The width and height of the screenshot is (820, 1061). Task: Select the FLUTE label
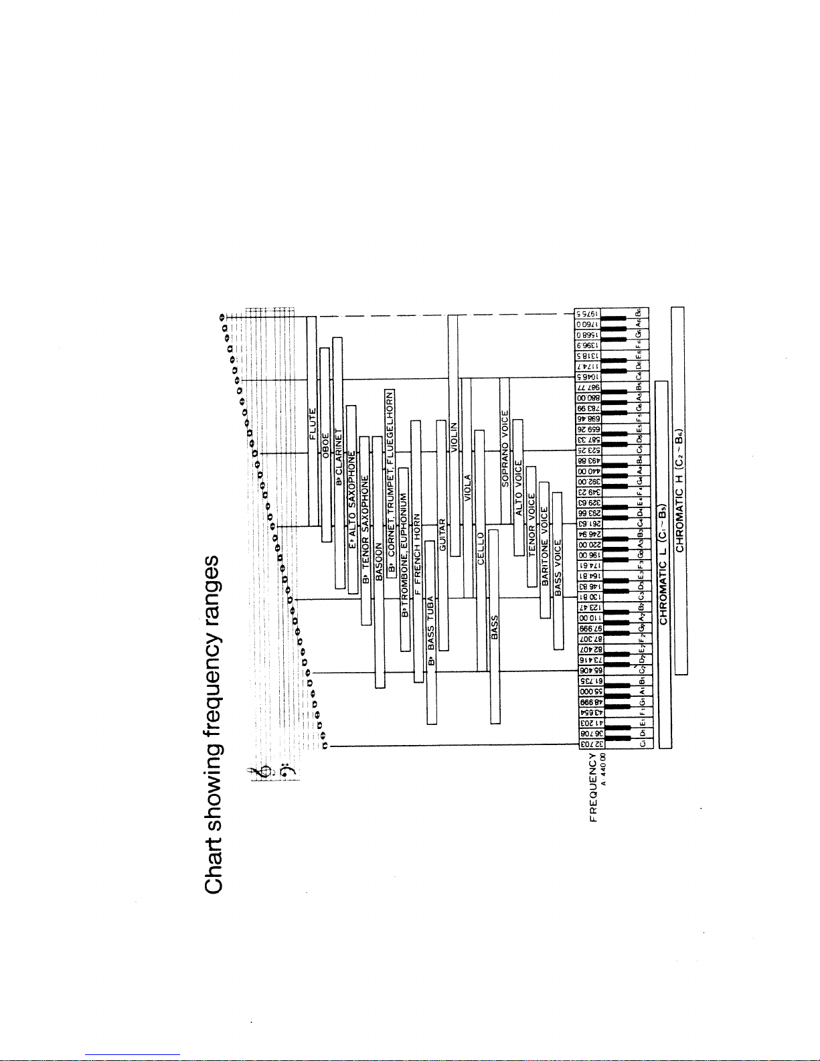(312, 423)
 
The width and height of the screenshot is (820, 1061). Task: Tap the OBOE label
(325, 445)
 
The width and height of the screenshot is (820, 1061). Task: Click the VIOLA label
(468, 487)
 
